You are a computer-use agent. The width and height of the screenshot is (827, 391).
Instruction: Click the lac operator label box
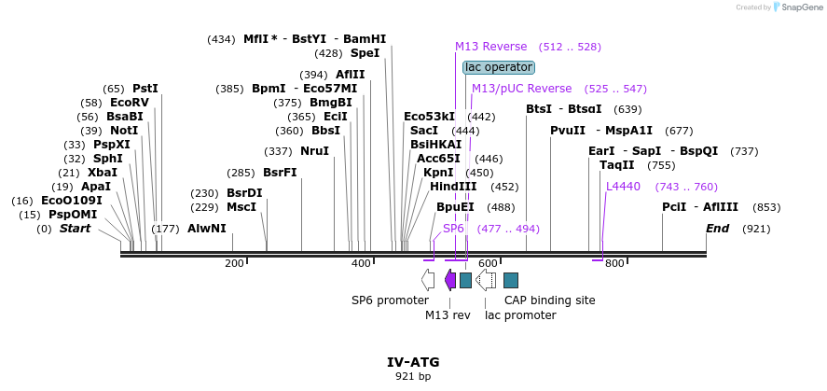499,67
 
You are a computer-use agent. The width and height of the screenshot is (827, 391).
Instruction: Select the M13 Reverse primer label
490,47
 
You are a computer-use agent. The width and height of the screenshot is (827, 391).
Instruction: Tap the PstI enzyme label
145,89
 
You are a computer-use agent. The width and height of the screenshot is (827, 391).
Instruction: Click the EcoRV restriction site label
129,103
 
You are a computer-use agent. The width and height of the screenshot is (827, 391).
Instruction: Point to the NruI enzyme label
314,151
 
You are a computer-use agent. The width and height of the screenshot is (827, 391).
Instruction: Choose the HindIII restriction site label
453,187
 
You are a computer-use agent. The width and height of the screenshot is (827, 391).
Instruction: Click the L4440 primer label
623,187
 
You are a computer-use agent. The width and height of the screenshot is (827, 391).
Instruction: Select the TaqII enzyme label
616,165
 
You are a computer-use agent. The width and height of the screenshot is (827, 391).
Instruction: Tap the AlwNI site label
206,229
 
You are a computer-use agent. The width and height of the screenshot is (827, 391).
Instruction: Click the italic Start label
76,229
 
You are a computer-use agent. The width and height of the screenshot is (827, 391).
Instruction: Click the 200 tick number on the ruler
234,264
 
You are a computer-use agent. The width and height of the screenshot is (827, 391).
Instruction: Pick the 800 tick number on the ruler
613,264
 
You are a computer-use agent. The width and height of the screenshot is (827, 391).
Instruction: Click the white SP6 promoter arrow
428,279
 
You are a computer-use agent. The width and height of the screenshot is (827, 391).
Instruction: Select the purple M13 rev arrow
450,279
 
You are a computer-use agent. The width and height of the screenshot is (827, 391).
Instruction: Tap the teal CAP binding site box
511,280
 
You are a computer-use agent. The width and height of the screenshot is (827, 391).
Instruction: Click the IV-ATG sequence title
413,362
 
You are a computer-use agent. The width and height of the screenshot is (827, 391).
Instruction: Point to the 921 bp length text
413,377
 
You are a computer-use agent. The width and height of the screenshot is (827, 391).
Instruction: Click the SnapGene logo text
800,7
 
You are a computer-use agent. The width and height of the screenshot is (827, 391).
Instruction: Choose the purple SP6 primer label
453,229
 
